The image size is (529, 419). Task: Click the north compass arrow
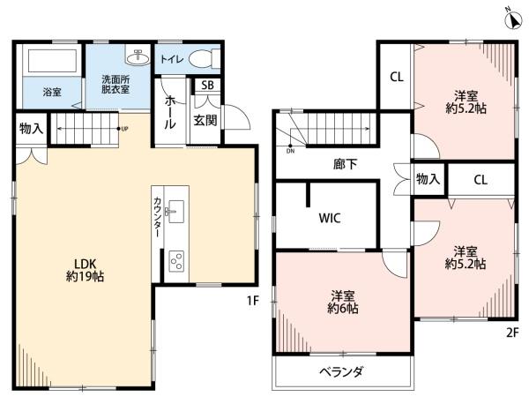513,20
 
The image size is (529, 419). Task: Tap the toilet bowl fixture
205,59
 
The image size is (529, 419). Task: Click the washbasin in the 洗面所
138,56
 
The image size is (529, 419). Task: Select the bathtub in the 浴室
52,61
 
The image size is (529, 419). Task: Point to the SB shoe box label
207,85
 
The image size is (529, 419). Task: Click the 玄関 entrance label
205,120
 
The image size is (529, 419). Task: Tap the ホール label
169,112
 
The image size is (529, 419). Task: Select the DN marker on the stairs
290,151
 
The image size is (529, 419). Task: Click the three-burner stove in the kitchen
176,260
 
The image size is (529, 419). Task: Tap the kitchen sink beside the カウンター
175,212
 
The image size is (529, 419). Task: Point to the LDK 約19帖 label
85,270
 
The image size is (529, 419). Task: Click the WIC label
330,218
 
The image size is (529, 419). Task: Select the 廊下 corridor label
345,164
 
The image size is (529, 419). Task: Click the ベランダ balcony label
341,371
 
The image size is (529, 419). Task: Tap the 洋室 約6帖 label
342,303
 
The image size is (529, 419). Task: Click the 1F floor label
253,300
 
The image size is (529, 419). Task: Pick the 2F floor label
512,333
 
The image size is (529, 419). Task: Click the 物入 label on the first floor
32,129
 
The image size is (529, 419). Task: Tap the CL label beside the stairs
397,78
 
